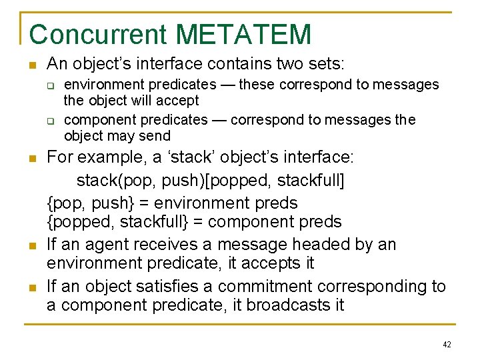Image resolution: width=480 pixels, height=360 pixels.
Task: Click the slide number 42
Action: coord(446,344)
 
